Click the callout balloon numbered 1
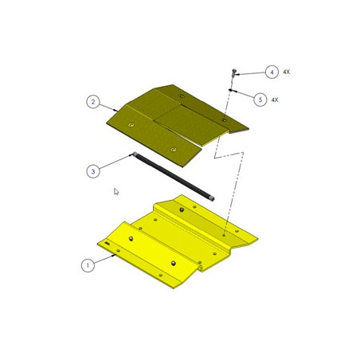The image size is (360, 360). [88, 265]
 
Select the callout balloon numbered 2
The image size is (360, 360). [93, 102]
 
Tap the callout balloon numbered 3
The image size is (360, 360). [93, 171]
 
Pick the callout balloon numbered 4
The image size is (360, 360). [272, 72]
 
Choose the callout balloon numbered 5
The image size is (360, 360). [260, 100]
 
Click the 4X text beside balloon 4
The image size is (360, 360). [286, 72]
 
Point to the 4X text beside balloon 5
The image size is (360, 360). [275, 100]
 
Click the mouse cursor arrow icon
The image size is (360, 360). [116, 191]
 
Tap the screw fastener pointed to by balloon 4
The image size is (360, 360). [233, 72]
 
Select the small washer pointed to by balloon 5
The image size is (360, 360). [230, 90]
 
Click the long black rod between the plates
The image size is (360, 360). [174, 176]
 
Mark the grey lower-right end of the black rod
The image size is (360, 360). [212, 198]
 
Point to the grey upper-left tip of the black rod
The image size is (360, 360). [135, 154]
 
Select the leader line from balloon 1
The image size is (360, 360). [105, 259]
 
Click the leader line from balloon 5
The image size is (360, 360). [243, 94]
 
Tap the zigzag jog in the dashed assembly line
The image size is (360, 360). [229, 155]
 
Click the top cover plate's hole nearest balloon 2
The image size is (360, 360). [131, 125]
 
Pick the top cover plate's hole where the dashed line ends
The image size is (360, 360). [224, 120]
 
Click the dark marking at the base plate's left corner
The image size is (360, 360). [108, 243]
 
